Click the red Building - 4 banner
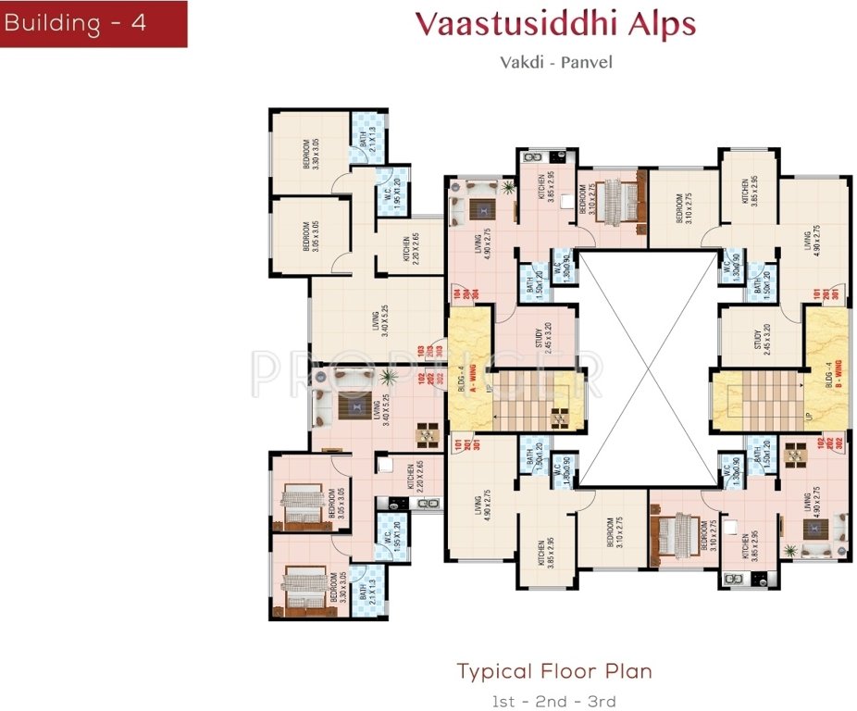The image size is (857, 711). (93, 23)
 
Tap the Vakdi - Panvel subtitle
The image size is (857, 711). (555, 64)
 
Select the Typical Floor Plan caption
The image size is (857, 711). (554, 671)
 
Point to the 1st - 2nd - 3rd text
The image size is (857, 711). (553, 701)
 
